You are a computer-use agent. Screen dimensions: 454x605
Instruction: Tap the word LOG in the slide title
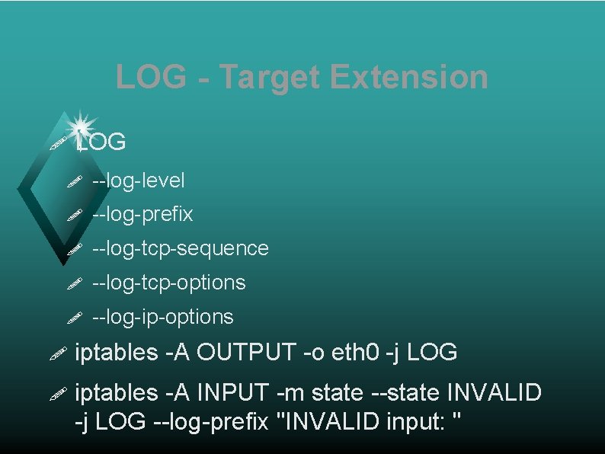[x=151, y=77]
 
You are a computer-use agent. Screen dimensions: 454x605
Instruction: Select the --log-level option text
[x=138, y=181]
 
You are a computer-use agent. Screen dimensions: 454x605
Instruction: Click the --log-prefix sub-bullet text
[x=142, y=215]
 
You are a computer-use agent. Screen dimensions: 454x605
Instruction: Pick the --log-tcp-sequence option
[x=180, y=248]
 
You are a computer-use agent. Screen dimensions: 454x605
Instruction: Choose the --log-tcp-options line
[x=168, y=283]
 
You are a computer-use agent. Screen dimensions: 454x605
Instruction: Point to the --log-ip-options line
[x=162, y=316]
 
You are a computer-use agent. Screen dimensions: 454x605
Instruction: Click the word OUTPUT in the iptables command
[x=246, y=353]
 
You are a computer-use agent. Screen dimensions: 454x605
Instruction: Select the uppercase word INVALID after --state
[x=495, y=393]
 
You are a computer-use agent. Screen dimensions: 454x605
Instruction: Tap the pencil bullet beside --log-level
[x=73, y=182]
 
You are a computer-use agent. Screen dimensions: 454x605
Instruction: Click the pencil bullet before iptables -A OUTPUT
[x=58, y=353]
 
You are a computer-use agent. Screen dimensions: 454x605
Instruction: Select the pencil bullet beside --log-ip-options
[x=73, y=318]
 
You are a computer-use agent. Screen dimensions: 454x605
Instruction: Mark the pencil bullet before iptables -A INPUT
[x=58, y=394]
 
